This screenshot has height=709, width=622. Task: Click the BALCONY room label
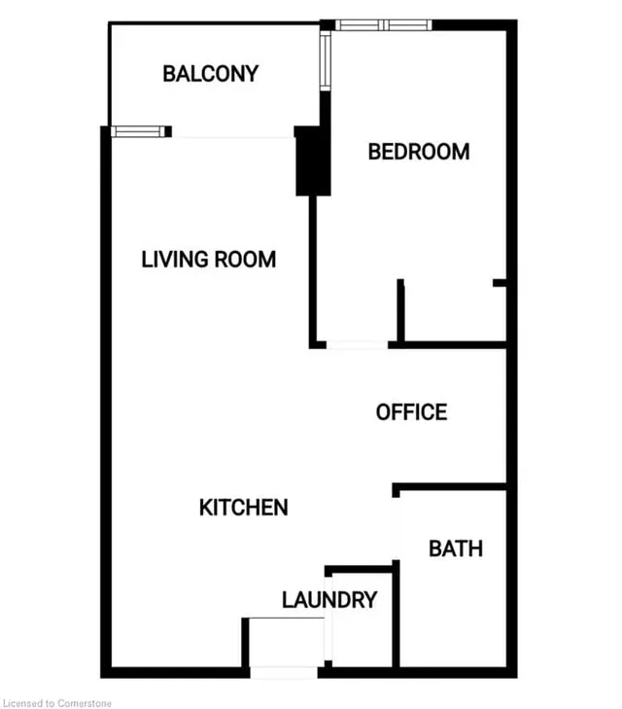210,73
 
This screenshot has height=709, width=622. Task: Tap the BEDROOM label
418,152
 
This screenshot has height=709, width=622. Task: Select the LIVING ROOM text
208,260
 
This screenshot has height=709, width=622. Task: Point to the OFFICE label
411,412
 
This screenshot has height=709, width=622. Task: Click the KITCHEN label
243,508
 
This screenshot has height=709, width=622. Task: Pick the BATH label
455,549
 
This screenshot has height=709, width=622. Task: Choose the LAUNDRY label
328,600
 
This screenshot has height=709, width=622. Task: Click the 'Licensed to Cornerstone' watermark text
59,700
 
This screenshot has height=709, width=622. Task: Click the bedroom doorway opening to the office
358,344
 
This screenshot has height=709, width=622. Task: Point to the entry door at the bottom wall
283,671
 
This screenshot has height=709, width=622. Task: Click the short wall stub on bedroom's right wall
500,283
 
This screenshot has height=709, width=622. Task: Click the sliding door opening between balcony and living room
233,135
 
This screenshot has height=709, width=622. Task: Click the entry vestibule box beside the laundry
283,642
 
